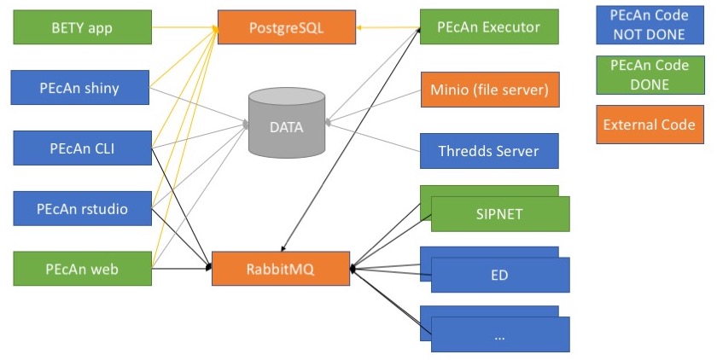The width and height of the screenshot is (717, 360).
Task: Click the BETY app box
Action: [82, 27]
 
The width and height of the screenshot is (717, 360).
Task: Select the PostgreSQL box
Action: [286, 27]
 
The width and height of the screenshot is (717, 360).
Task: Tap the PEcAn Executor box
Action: [489, 27]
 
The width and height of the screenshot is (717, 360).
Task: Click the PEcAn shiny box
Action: [82, 88]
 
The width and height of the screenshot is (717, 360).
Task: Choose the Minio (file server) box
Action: [489, 88]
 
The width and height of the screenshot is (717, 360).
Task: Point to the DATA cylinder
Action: [286, 125]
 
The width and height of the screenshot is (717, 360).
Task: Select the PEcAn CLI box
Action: [82, 148]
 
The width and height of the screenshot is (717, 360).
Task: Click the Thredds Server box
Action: [489, 151]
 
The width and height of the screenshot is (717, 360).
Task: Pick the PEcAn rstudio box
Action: [82, 209]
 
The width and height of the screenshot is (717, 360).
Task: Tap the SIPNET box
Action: [500, 214]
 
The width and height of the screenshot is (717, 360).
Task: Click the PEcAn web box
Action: [82, 269]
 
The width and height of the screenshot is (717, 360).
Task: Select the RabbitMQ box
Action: [281, 269]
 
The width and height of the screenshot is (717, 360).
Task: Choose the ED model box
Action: [500, 275]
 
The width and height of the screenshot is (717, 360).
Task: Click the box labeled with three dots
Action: [500, 334]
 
